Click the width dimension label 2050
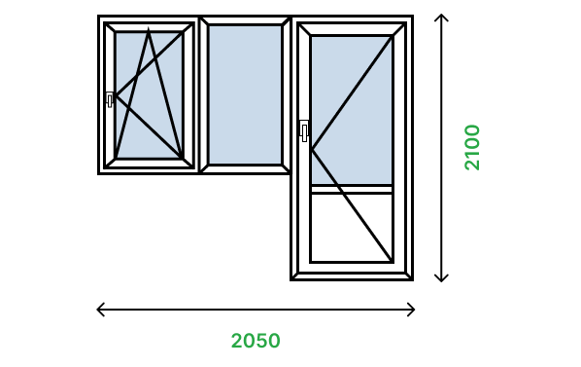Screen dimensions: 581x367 [x=256, y=341]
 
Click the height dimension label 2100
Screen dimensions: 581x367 [x=472, y=147]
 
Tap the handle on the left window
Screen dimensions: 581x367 [x=110, y=99]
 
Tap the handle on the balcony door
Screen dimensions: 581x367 [x=304, y=131]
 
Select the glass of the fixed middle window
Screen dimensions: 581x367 [x=245, y=94]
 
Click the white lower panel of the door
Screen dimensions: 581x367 [x=352, y=228]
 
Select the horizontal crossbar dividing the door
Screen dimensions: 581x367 [x=352, y=189]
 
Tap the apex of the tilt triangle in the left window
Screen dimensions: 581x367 [x=149, y=28]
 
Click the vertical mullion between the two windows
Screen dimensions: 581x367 [x=199, y=94]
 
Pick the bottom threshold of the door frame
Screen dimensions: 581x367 [x=352, y=276]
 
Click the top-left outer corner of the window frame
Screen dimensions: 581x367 [x=98, y=16]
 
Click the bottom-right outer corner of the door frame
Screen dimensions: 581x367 [x=413, y=280]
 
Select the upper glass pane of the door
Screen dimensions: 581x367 [x=352, y=110]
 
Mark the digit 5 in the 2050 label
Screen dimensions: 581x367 [x=261, y=341]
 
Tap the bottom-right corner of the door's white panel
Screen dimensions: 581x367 [x=392, y=261]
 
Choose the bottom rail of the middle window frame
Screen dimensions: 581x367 [x=245, y=169]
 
